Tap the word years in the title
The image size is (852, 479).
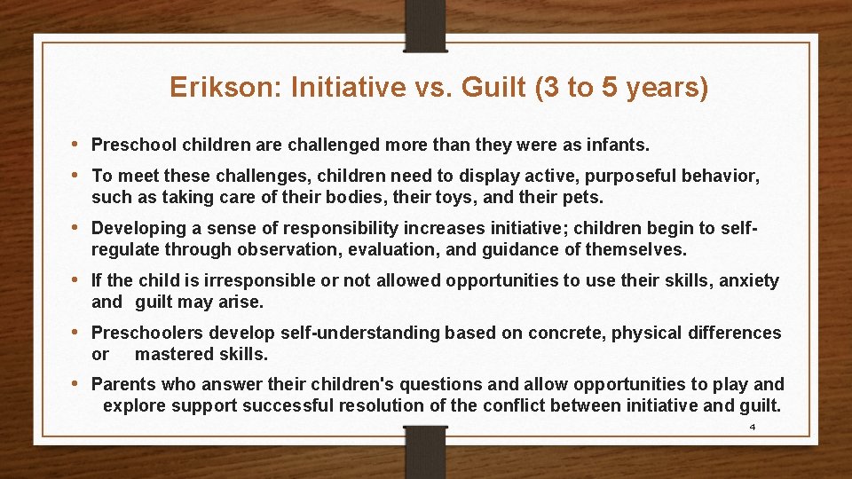point(668,88)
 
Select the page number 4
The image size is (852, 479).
point(753,427)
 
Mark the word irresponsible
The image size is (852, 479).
point(230,281)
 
